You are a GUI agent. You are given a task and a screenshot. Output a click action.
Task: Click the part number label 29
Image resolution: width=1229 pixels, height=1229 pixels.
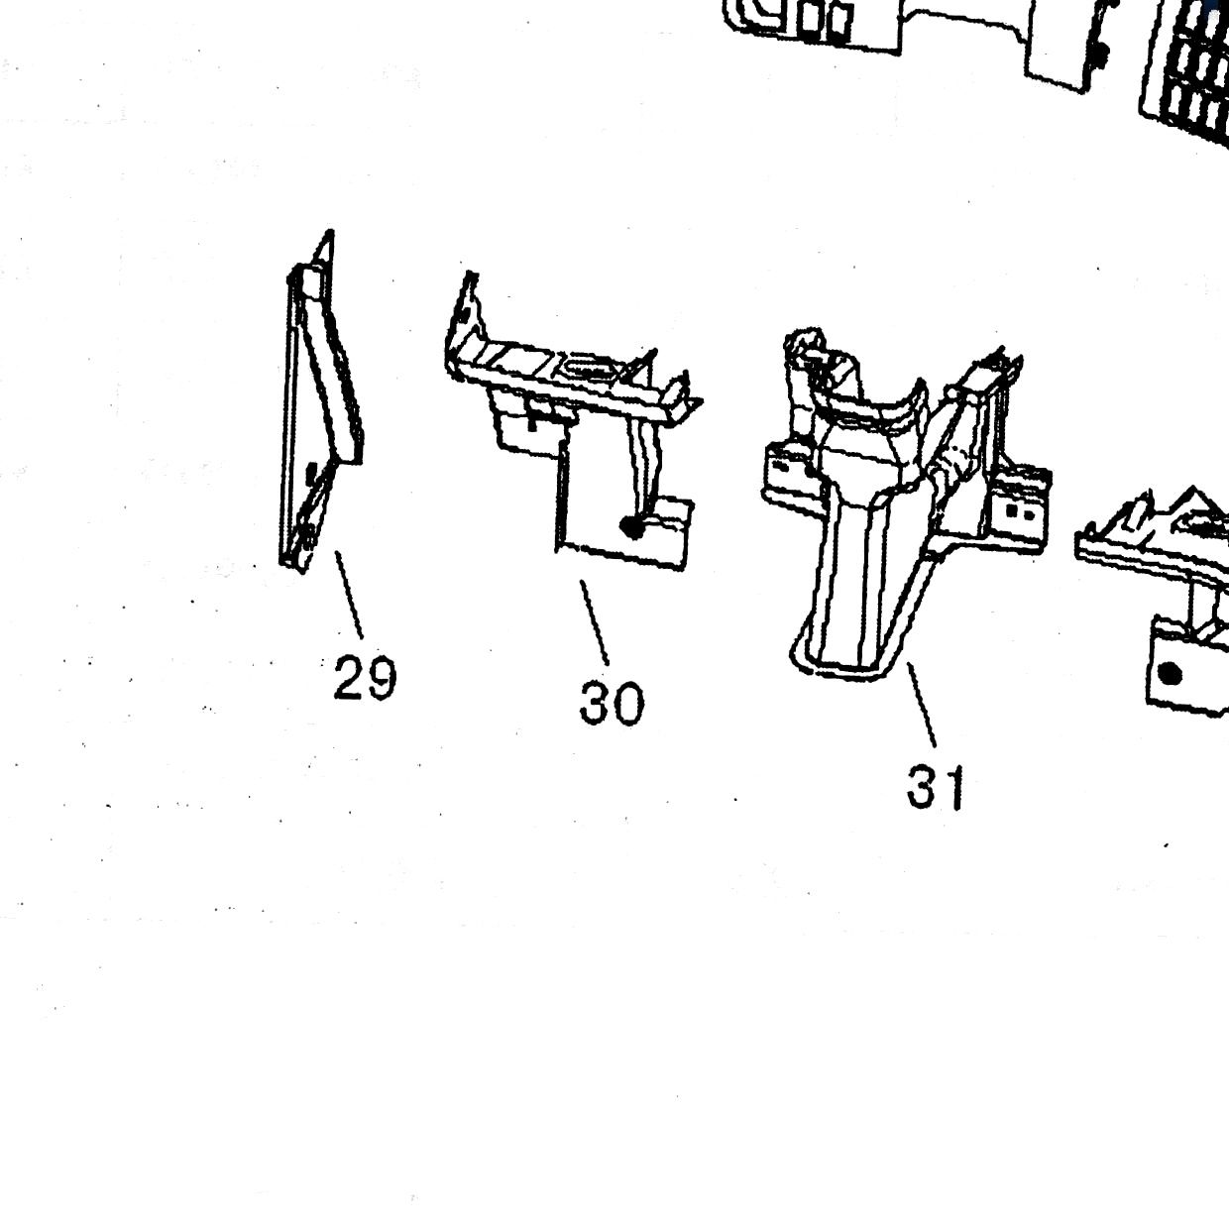[x=365, y=677]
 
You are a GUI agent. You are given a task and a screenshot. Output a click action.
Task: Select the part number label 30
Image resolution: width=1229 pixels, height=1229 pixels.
[x=612, y=704]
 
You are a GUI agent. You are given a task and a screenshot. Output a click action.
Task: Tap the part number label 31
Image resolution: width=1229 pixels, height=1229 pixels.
[x=935, y=788]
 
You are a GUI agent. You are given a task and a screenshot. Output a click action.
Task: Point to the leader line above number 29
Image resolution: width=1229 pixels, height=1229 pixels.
[x=349, y=595]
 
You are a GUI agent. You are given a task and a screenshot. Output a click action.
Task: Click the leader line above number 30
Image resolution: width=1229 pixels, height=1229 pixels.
[x=595, y=622]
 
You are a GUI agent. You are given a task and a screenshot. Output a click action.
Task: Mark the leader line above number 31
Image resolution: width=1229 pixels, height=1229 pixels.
[x=922, y=705]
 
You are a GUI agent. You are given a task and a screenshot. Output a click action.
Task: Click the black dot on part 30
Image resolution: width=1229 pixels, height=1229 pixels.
[x=632, y=527]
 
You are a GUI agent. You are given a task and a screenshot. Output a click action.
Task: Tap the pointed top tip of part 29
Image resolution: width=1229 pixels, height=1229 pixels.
[x=329, y=232]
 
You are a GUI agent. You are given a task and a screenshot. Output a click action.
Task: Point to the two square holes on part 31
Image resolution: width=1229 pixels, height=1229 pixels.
[x=1019, y=510]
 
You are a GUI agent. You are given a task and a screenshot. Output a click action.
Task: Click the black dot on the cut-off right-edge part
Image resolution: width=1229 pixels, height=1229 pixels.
[x=1169, y=674]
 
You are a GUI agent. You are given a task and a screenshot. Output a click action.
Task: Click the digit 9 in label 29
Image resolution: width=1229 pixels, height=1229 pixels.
[x=382, y=678]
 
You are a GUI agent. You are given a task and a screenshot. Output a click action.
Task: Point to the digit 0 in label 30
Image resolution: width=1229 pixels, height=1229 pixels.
[x=628, y=704]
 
